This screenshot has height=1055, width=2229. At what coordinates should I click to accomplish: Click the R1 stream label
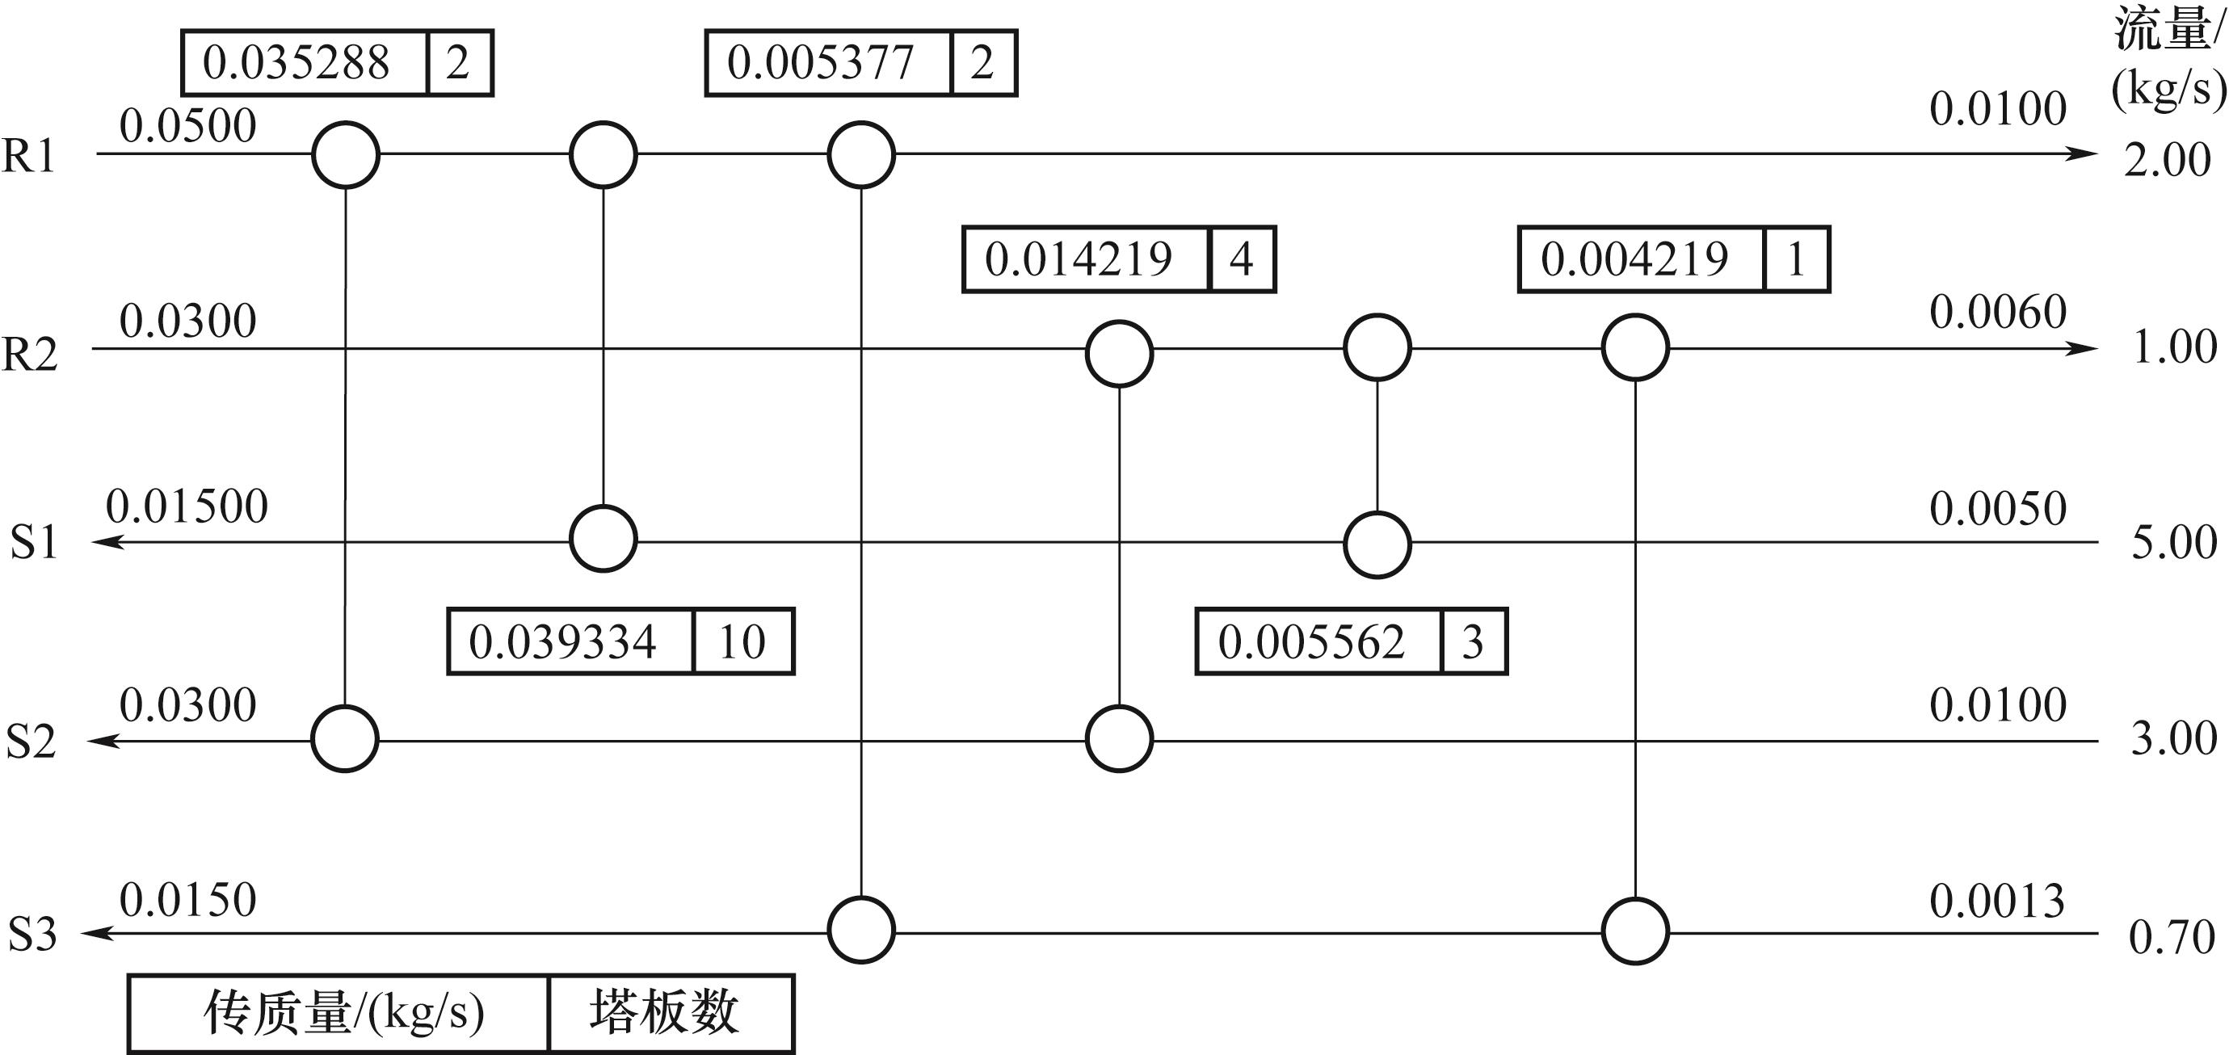pos(28,156)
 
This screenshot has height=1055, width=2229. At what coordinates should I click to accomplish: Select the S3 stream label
pos(33,935)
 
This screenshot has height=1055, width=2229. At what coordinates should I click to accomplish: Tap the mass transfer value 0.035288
pos(296,62)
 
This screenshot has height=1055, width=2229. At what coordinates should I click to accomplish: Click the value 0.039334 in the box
pos(562,642)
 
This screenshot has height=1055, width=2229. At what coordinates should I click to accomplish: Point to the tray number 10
pos(742,642)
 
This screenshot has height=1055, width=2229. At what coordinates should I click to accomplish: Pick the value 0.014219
pos(1079,258)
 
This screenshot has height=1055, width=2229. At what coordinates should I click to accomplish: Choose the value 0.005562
pos(1311,642)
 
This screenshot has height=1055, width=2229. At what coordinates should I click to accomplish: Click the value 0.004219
pos(1634,258)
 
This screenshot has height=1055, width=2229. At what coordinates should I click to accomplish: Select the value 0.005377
pos(820,62)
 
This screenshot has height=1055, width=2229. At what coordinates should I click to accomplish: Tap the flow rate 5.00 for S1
pos(2173,543)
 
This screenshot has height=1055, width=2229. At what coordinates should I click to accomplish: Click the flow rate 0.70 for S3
pos(2171,937)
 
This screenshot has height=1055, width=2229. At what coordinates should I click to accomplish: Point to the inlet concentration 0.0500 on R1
pos(187,125)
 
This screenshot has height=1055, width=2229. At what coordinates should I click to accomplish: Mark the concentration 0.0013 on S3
pos(1997,902)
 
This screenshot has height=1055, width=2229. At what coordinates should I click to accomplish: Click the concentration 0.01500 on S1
pos(187,506)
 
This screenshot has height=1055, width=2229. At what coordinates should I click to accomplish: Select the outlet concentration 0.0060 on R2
pos(1998,312)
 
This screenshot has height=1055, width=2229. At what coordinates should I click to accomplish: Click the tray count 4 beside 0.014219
pos(1242,258)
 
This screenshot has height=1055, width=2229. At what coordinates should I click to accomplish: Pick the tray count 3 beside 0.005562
pos(1473,642)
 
